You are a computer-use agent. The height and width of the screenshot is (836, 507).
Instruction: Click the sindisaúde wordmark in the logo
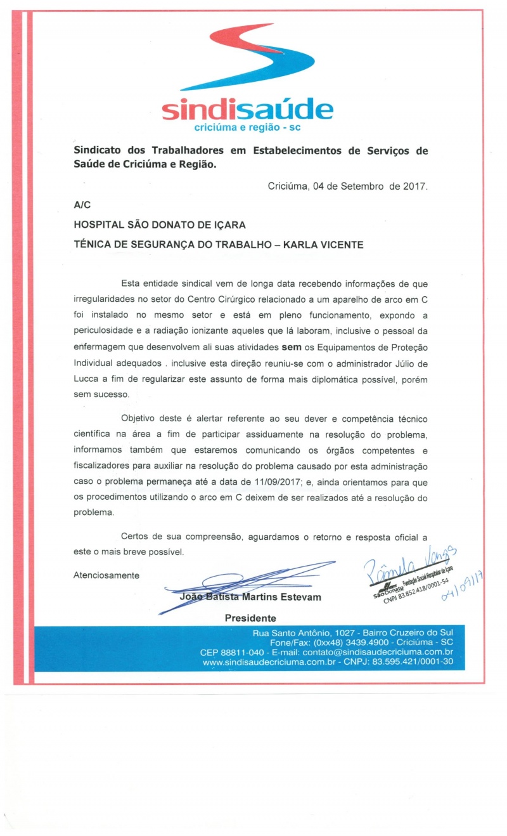[247, 110]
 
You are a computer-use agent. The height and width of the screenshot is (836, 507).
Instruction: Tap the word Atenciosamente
[106, 575]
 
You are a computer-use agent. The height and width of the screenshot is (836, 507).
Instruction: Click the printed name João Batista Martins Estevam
[250, 597]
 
